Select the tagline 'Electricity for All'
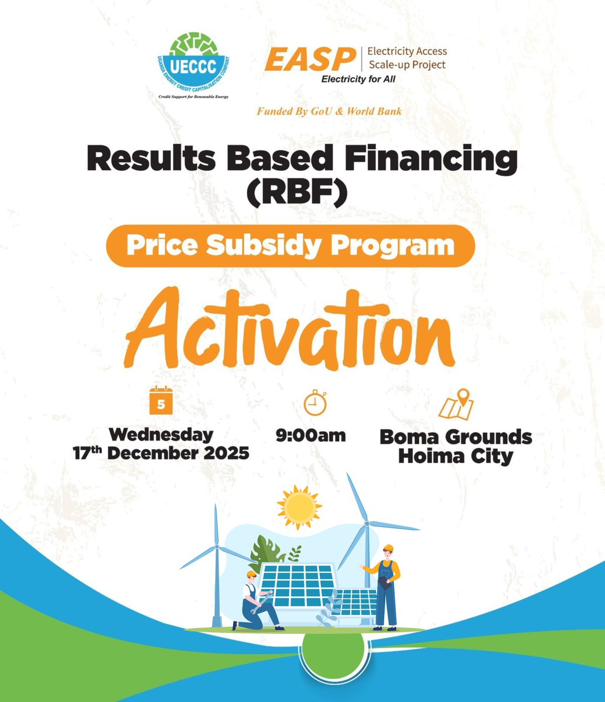pos(358,80)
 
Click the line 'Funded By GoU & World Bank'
pos(329,111)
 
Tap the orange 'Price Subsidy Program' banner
pos(290,246)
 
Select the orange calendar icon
pos(160,401)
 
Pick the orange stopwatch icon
pos(315,402)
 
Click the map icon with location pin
pos(457,404)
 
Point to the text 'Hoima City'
pos(455,456)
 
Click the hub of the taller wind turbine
pos(367,524)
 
